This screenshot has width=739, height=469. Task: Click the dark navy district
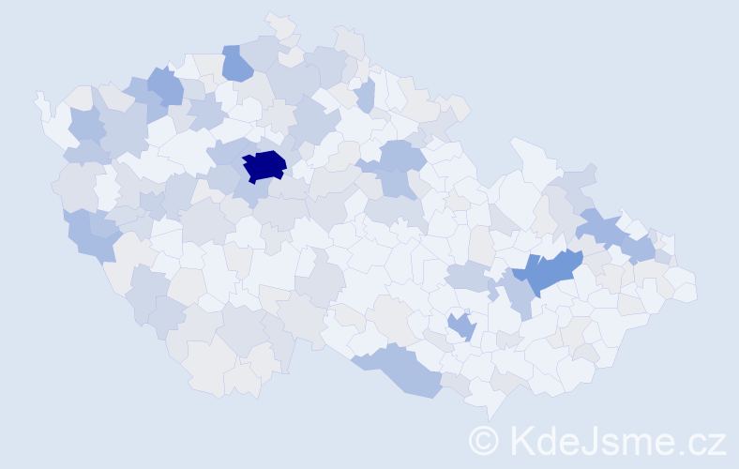(264, 165)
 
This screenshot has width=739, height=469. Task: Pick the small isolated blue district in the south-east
(461, 325)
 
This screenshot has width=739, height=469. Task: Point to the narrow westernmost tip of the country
(39, 98)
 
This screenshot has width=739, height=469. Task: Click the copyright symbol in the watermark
(485, 440)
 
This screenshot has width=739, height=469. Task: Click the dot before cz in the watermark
(681, 449)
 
